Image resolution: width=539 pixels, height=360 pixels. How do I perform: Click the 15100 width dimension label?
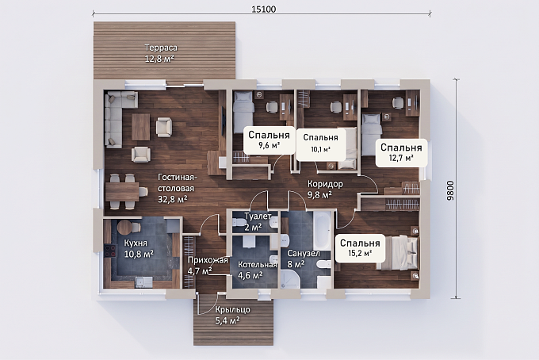(264, 10)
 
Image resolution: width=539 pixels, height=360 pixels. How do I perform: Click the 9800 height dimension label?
(451, 190)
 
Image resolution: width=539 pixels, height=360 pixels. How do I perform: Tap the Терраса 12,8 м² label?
(160, 53)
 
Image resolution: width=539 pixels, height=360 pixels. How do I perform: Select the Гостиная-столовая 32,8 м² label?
(176, 188)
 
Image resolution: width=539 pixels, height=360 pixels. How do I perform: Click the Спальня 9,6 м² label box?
(269, 140)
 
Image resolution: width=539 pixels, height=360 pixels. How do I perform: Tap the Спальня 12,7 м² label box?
(401, 153)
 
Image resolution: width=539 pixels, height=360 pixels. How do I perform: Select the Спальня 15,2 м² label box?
(360, 248)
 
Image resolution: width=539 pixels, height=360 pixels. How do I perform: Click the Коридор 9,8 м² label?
(324, 189)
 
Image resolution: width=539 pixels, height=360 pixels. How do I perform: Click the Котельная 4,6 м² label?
(257, 270)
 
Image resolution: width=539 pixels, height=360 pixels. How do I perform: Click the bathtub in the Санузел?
(322, 231)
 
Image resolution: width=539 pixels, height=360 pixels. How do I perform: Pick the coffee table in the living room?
(140, 127)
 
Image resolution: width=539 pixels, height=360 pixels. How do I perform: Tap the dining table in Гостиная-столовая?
(122, 192)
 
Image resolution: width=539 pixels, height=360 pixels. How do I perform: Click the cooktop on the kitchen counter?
(109, 251)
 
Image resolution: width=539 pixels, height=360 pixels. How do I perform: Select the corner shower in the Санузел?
(290, 279)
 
